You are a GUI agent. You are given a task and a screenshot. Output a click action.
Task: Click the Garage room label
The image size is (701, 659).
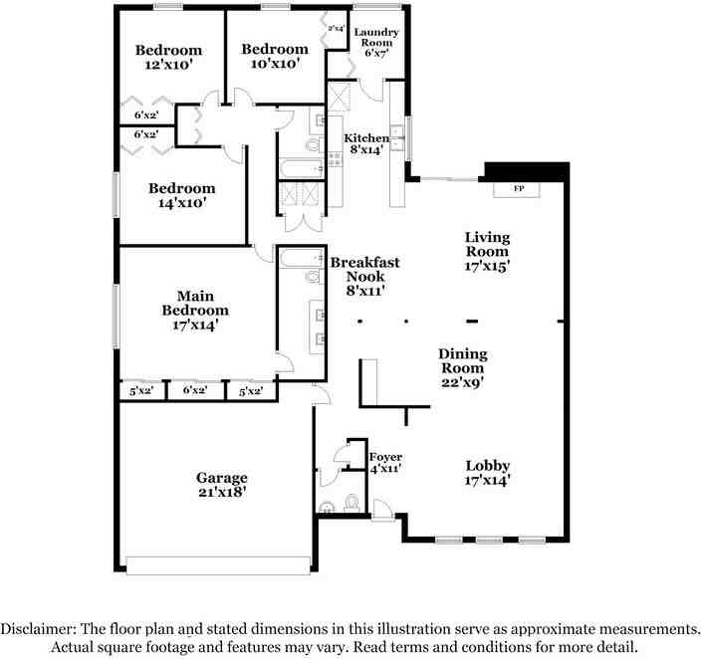(x=221, y=484)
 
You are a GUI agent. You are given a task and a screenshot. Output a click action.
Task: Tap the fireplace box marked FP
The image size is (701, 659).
(x=518, y=188)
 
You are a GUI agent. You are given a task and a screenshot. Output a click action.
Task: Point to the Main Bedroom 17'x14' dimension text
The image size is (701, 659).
(x=189, y=324)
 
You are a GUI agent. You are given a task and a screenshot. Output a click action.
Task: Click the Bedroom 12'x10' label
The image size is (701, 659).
(x=168, y=57)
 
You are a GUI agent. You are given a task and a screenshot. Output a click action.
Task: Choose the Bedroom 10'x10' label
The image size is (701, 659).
(x=274, y=57)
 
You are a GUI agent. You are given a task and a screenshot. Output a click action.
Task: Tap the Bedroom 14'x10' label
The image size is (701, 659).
(x=181, y=195)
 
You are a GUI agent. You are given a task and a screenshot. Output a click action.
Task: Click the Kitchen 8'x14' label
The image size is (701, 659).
(x=366, y=145)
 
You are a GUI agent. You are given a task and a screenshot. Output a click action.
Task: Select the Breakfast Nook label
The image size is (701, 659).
(x=364, y=276)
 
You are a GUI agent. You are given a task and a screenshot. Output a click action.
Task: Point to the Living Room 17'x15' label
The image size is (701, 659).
(x=487, y=252)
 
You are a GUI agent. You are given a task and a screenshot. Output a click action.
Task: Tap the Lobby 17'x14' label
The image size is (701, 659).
(x=488, y=473)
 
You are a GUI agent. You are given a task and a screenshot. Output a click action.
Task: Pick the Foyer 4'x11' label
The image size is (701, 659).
(x=384, y=462)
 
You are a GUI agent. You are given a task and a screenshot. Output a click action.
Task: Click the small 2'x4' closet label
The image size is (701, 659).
(x=337, y=29)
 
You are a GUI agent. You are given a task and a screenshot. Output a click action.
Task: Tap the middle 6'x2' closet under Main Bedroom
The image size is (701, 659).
(x=194, y=391)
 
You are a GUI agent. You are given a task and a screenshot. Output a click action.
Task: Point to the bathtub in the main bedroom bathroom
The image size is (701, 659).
(x=300, y=259)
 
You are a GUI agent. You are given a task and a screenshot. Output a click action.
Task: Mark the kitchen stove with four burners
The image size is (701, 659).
(x=335, y=157)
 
